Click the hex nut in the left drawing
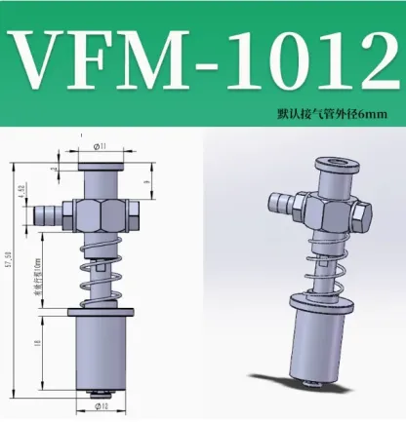pyautogui.click(x=101, y=213)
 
